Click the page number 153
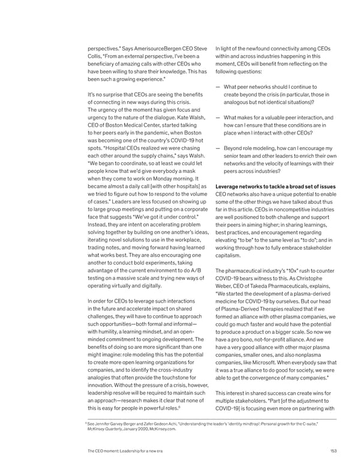coord(332,451)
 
